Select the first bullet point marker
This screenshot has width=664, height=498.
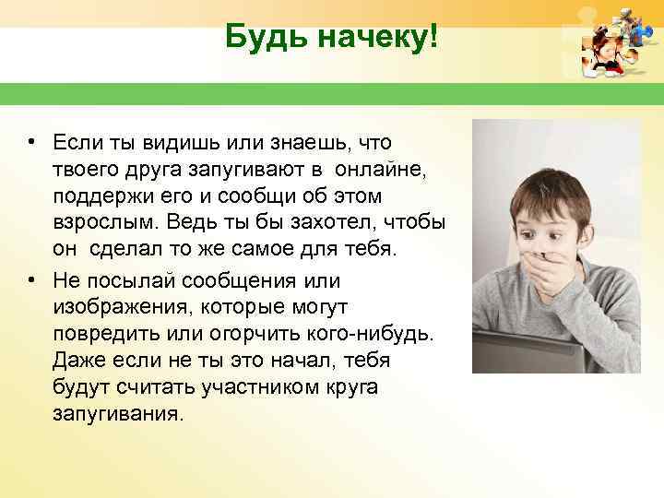pos(31,142)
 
